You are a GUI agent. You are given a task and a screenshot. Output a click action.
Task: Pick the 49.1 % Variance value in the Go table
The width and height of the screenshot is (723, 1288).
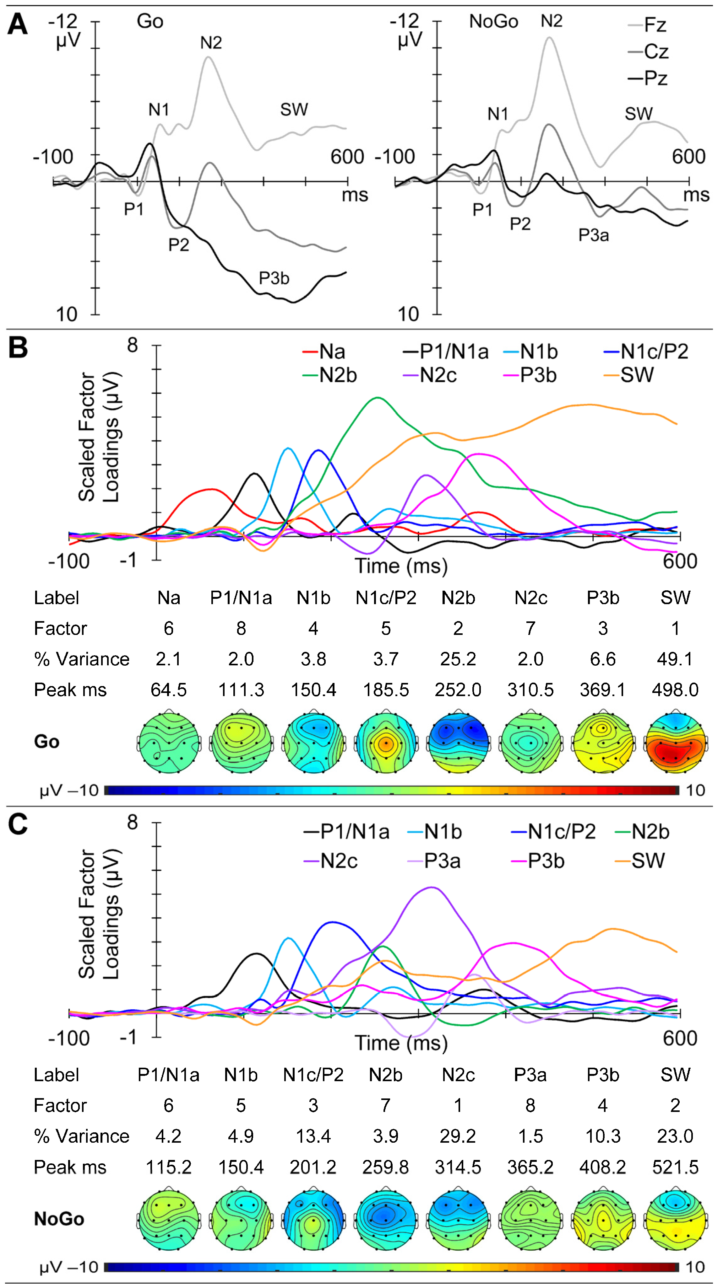coord(675,659)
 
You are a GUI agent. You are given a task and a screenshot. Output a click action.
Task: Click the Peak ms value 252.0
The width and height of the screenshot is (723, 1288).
coord(458,690)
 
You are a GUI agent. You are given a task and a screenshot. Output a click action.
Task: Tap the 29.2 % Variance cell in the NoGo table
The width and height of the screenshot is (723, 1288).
coord(458,1136)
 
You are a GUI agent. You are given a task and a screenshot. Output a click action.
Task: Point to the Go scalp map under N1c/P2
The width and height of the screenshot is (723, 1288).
coord(385,742)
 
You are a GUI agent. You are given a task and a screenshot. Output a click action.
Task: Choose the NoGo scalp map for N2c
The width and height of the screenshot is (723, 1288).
coord(458,1219)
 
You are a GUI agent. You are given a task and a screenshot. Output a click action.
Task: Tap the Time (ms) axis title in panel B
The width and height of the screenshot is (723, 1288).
coord(401,566)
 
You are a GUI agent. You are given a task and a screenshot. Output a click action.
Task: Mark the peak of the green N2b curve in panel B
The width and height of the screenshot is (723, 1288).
coord(377,398)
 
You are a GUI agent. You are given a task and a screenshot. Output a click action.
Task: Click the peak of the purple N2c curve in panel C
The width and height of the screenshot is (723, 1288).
coord(431,888)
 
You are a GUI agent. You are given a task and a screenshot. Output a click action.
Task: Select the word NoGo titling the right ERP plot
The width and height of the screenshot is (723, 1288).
coord(493,22)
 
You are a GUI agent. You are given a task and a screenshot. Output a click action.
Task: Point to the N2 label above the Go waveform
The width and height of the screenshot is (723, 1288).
coord(211,43)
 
